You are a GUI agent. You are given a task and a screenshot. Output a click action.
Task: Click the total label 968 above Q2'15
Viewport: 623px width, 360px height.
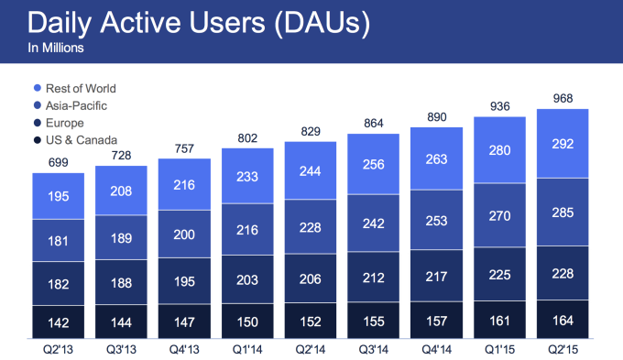pos(563,98)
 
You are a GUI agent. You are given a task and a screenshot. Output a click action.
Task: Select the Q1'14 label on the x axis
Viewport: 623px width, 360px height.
pos(247,349)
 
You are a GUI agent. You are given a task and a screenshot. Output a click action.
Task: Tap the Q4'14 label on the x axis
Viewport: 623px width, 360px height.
pos(436,349)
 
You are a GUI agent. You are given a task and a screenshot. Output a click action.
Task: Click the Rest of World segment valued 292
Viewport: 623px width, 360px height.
pos(563,144)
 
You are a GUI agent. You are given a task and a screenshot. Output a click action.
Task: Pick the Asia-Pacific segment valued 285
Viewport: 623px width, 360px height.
pos(563,212)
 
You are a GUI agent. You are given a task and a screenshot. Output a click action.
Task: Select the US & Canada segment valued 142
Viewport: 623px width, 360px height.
pos(59,322)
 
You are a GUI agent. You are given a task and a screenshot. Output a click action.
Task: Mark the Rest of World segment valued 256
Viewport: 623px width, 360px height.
pos(373,164)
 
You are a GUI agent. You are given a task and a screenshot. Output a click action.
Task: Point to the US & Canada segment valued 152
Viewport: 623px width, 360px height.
pos(311,321)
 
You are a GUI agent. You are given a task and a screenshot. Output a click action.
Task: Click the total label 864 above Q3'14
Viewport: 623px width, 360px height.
pos(373,124)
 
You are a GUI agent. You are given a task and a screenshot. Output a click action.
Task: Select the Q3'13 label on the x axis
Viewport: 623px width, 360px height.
pos(122,349)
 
